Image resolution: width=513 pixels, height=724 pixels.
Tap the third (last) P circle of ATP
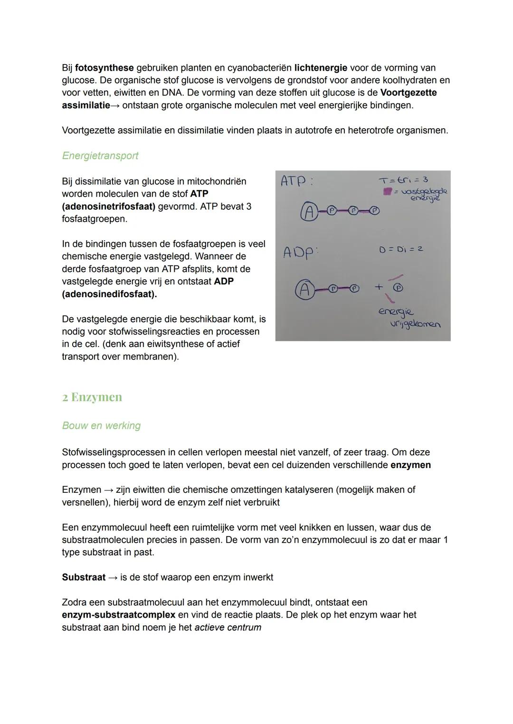pyautogui.click(x=374, y=210)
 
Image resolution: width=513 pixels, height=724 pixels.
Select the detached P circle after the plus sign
pyautogui.click(x=399, y=287)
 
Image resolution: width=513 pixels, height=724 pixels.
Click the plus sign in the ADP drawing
pyautogui.click(x=379, y=287)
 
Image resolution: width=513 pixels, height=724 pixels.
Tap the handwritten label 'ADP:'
pyautogui.click(x=299, y=252)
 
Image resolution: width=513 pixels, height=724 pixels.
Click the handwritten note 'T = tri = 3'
pyautogui.click(x=403, y=180)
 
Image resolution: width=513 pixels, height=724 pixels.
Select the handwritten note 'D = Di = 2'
pyautogui.click(x=400, y=249)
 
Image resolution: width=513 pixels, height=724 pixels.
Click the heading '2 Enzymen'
pyautogui.click(x=92, y=397)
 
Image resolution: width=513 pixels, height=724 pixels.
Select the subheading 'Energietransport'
pyautogui.click(x=100, y=156)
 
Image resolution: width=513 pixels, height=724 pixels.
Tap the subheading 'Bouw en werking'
pyautogui.click(x=101, y=425)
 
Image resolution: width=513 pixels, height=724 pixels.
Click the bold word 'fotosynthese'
pyautogui.click(x=104, y=68)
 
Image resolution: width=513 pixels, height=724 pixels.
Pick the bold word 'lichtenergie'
pyautogui.click(x=321, y=68)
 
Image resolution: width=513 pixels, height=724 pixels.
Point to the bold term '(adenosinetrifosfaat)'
pyautogui.click(x=108, y=207)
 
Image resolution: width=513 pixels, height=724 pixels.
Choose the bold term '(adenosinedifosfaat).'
pyautogui.click(x=109, y=294)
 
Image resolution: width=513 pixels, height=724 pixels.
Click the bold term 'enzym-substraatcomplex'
pyautogui.click(x=118, y=615)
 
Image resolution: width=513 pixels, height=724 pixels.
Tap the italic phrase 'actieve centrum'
pyautogui.click(x=228, y=627)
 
